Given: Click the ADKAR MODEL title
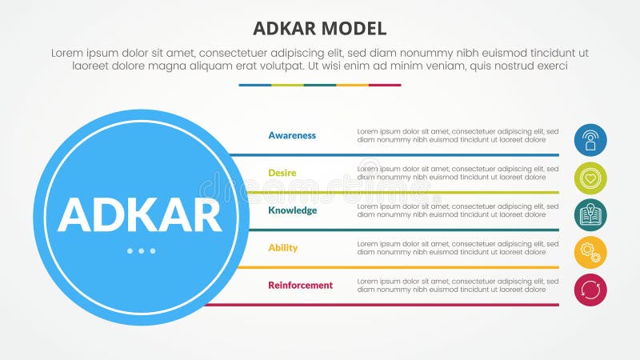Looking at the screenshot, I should pyautogui.click(x=319, y=29).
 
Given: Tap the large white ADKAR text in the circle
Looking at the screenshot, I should pyautogui.click(x=140, y=214).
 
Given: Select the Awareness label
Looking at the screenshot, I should pyautogui.click(x=292, y=135).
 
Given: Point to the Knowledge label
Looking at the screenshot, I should pyautogui.click(x=292, y=210).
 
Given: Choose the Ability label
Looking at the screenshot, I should pyautogui.click(x=282, y=247).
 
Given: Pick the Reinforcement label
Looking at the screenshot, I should pyautogui.click(x=300, y=285).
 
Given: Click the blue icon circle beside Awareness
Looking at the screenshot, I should pyautogui.click(x=590, y=140).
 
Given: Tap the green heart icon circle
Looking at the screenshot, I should pyautogui.click(x=590, y=178).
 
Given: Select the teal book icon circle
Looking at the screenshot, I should pyautogui.click(x=590, y=215).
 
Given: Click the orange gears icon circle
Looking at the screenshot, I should pyautogui.click(x=590, y=253).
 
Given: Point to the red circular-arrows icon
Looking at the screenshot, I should pyautogui.click(x=590, y=290).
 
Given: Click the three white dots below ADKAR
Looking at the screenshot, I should pyautogui.click(x=141, y=251).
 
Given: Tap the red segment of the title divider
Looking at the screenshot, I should pyautogui.click(x=385, y=85).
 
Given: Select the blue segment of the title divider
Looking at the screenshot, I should pyautogui.click(x=254, y=85).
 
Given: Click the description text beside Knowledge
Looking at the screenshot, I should pyautogui.click(x=458, y=210).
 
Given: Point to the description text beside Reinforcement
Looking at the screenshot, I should pyautogui.click(x=458, y=285).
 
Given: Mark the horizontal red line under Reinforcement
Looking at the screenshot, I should pyautogui.click(x=384, y=305).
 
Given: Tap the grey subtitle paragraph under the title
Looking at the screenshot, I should pyautogui.click(x=319, y=59).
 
